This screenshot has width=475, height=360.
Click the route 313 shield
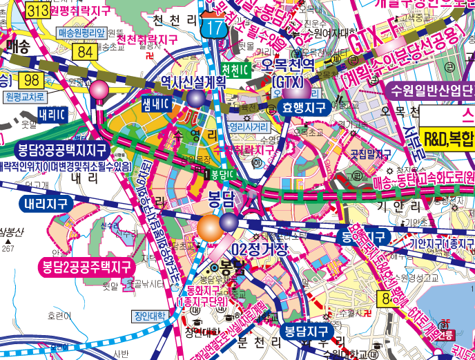click(36, 10)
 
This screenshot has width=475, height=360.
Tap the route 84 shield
click(86, 52)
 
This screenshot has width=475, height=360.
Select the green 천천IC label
click(235, 70)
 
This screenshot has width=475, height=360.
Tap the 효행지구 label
click(304, 107)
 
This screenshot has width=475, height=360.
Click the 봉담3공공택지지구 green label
click(62, 149)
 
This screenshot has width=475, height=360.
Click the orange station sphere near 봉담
click(209, 227)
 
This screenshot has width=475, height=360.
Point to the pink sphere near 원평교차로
click(100, 89)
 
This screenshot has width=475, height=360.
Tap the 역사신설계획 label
click(194, 81)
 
